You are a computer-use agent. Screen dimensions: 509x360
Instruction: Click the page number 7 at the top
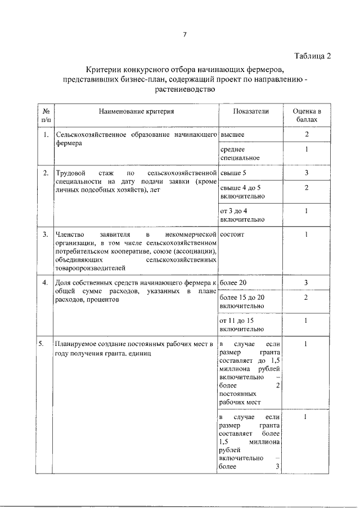(x=184, y=34)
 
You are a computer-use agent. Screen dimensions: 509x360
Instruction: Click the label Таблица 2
(x=312, y=55)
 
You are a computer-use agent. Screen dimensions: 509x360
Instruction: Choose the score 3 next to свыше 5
(x=307, y=173)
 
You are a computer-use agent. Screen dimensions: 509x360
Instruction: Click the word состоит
(x=233, y=233)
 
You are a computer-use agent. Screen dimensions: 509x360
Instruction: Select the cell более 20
(x=233, y=282)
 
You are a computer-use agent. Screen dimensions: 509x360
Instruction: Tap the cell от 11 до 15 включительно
(x=242, y=324)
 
